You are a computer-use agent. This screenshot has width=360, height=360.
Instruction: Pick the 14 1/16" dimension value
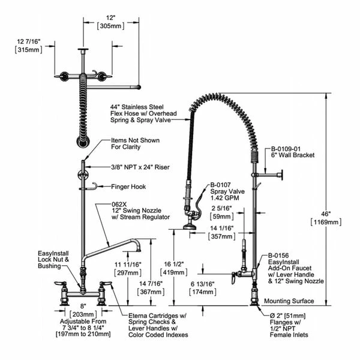point(219,229)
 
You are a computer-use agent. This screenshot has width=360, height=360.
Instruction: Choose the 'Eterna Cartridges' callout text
point(157,316)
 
